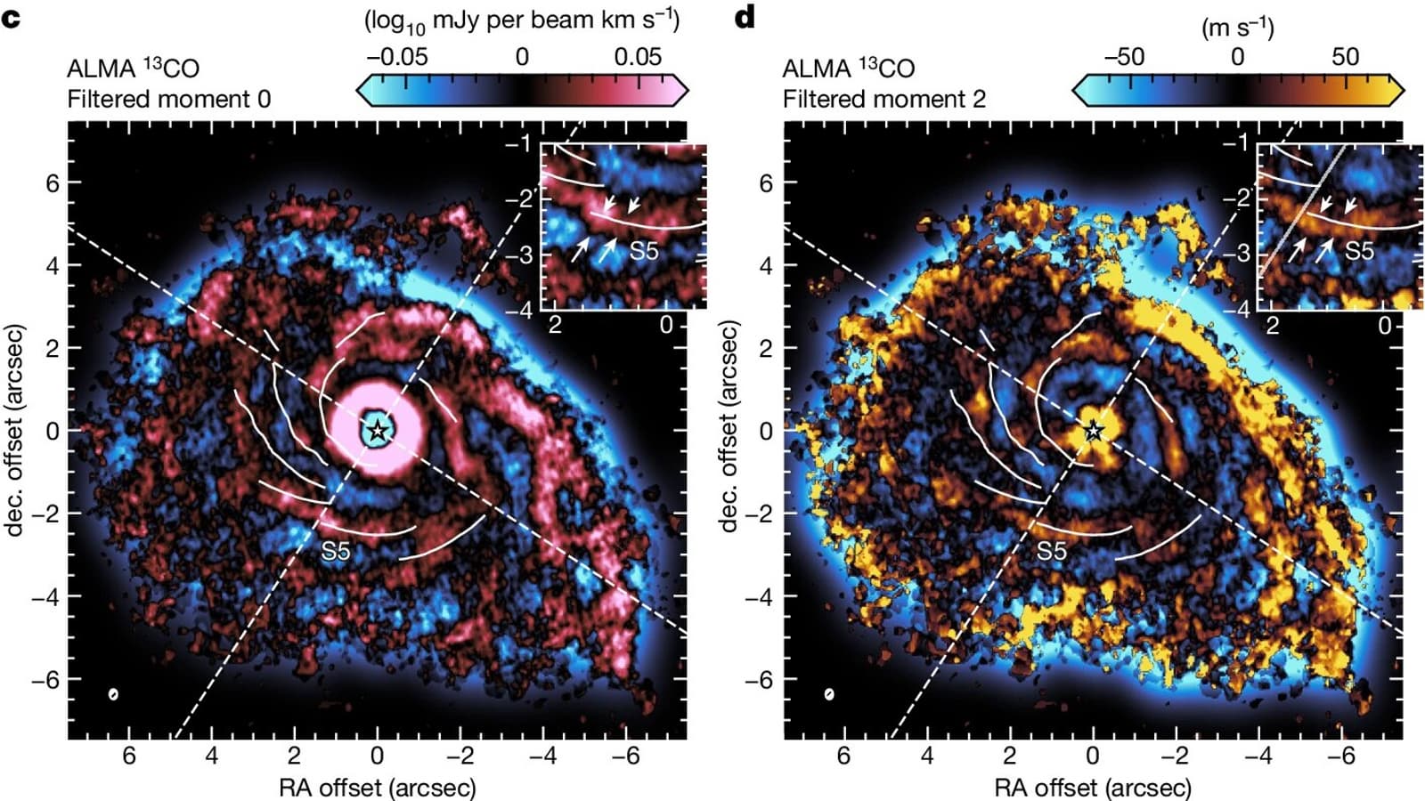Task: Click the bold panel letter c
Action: pyautogui.click(x=11, y=17)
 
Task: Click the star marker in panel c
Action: pyautogui.click(x=378, y=431)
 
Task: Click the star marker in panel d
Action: pyautogui.click(x=1094, y=431)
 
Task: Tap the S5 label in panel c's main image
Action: pyautogui.click(x=336, y=552)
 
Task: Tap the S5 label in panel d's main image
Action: pyautogui.click(x=1051, y=552)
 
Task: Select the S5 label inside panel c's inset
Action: pyautogui.click(x=643, y=251)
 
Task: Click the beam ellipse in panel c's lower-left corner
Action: pyautogui.click(x=114, y=694)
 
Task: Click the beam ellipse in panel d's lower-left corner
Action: pyautogui.click(x=829, y=694)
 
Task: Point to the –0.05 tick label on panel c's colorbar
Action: pyautogui.click(x=397, y=57)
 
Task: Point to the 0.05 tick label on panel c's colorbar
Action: pyautogui.click(x=638, y=57)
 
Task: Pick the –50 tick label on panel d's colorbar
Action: pyautogui.click(x=1124, y=57)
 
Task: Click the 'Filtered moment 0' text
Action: pyautogui.click(x=169, y=99)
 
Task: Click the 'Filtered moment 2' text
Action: pyautogui.click(x=884, y=99)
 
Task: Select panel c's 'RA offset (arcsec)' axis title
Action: pyautogui.click(x=378, y=787)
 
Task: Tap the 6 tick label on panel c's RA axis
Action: pyautogui.click(x=129, y=756)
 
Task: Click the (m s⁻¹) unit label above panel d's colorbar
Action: pyautogui.click(x=1238, y=27)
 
